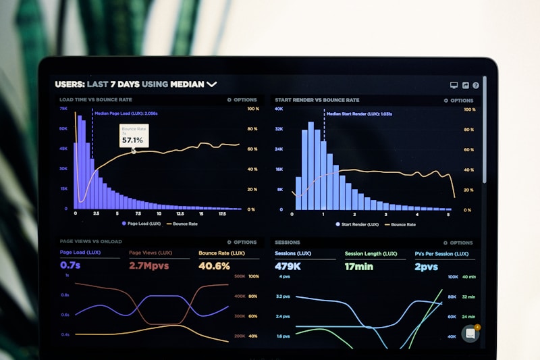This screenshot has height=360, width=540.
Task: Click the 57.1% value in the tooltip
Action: tap(132, 140)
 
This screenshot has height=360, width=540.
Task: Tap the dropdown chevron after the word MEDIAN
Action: tap(212, 84)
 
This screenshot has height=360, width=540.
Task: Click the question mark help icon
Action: tap(476, 86)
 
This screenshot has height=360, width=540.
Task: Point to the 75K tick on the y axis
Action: tap(63, 109)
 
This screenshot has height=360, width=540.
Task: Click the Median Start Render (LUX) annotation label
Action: tap(359, 114)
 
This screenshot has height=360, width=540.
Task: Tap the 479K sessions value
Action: tap(288, 266)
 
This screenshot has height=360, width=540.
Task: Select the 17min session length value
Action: tap(358, 266)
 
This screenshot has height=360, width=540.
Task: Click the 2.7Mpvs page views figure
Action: tap(148, 265)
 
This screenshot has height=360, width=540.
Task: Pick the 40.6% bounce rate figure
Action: tap(214, 265)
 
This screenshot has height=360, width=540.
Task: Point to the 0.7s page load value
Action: tap(70, 265)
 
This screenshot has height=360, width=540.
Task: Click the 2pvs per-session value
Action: tap(427, 266)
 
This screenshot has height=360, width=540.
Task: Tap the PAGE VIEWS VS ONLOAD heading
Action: tap(90, 242)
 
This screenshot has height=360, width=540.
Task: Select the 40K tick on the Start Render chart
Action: tap(279, 109)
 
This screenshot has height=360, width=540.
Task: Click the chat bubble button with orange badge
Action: tap(470, 334)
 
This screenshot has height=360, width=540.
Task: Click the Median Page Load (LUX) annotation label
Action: tap(126, 114)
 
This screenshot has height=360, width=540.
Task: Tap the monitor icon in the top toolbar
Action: tap(454, 86)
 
